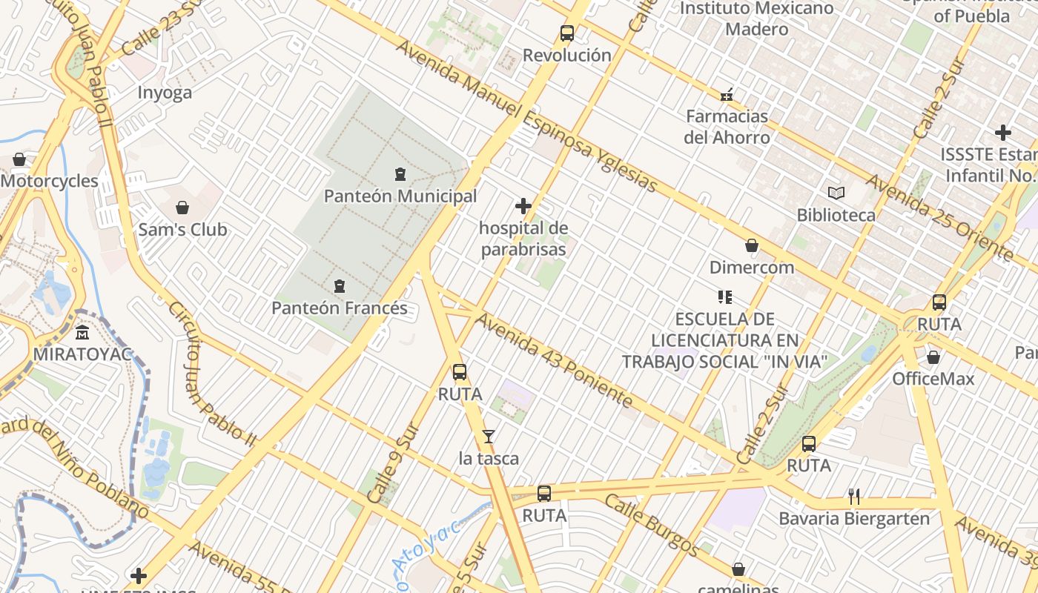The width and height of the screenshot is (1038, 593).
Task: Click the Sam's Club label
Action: tap(182, 230)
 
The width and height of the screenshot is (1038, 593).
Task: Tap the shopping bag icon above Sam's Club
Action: tap(182, 208)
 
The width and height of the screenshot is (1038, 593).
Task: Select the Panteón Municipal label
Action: tap(400, 196)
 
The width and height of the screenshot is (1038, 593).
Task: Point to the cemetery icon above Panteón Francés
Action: tap(340, 286)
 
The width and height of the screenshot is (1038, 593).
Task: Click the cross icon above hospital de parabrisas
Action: tap(523, 206)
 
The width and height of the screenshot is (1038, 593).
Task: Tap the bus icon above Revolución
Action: tap(567, 33)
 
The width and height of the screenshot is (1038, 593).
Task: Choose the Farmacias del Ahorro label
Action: tap(727, 127)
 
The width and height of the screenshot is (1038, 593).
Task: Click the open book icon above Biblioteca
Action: tap(836, 193)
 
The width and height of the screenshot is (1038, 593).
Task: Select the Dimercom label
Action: tap(752, 268)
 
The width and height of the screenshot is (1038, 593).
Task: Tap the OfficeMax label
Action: tap(933, 379)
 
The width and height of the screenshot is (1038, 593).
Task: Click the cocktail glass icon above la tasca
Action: tap(489, 437)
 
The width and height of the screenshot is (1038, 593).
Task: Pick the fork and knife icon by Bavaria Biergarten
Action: tap(854, 497)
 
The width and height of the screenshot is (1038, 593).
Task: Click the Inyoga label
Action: tap(165, 93)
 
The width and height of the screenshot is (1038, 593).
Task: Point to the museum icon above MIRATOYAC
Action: tap(82, 332)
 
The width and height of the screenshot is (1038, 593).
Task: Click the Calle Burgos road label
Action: tap(650, 525)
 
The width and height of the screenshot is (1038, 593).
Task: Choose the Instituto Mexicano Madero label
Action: tap(756, 19)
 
